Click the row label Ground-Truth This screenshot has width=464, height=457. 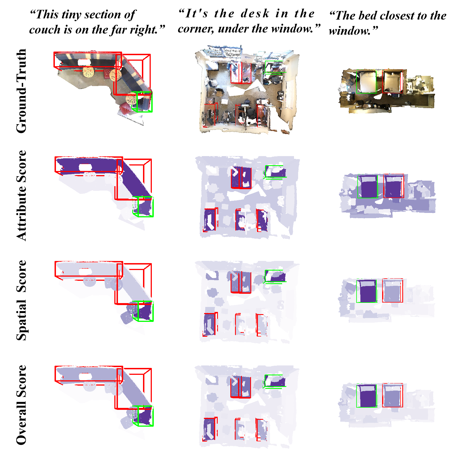[x=21, y=91]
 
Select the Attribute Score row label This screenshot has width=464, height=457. [x=21, y=196]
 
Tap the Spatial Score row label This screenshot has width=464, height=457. [x=21, y=300]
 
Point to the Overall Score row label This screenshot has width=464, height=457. [x=21, y=405]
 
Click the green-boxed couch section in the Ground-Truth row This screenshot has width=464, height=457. [x=142, y=101]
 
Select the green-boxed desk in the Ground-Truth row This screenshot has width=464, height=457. [x=274, y=67]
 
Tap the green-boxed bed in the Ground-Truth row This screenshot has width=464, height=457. [x=366, y=82]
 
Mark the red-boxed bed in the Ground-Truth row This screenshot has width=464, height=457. [x=392, y=82]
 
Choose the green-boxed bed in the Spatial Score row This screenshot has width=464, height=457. [x=367, y=291]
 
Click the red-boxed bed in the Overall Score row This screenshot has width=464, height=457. [x=393, y=395]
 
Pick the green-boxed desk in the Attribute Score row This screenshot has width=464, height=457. [x=275, y=172]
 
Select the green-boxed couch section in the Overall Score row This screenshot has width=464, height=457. [x=143, y=416]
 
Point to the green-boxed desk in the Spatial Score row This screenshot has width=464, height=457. [x=275, y=276]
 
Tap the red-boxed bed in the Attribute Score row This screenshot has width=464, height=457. [x=394, y=186]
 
